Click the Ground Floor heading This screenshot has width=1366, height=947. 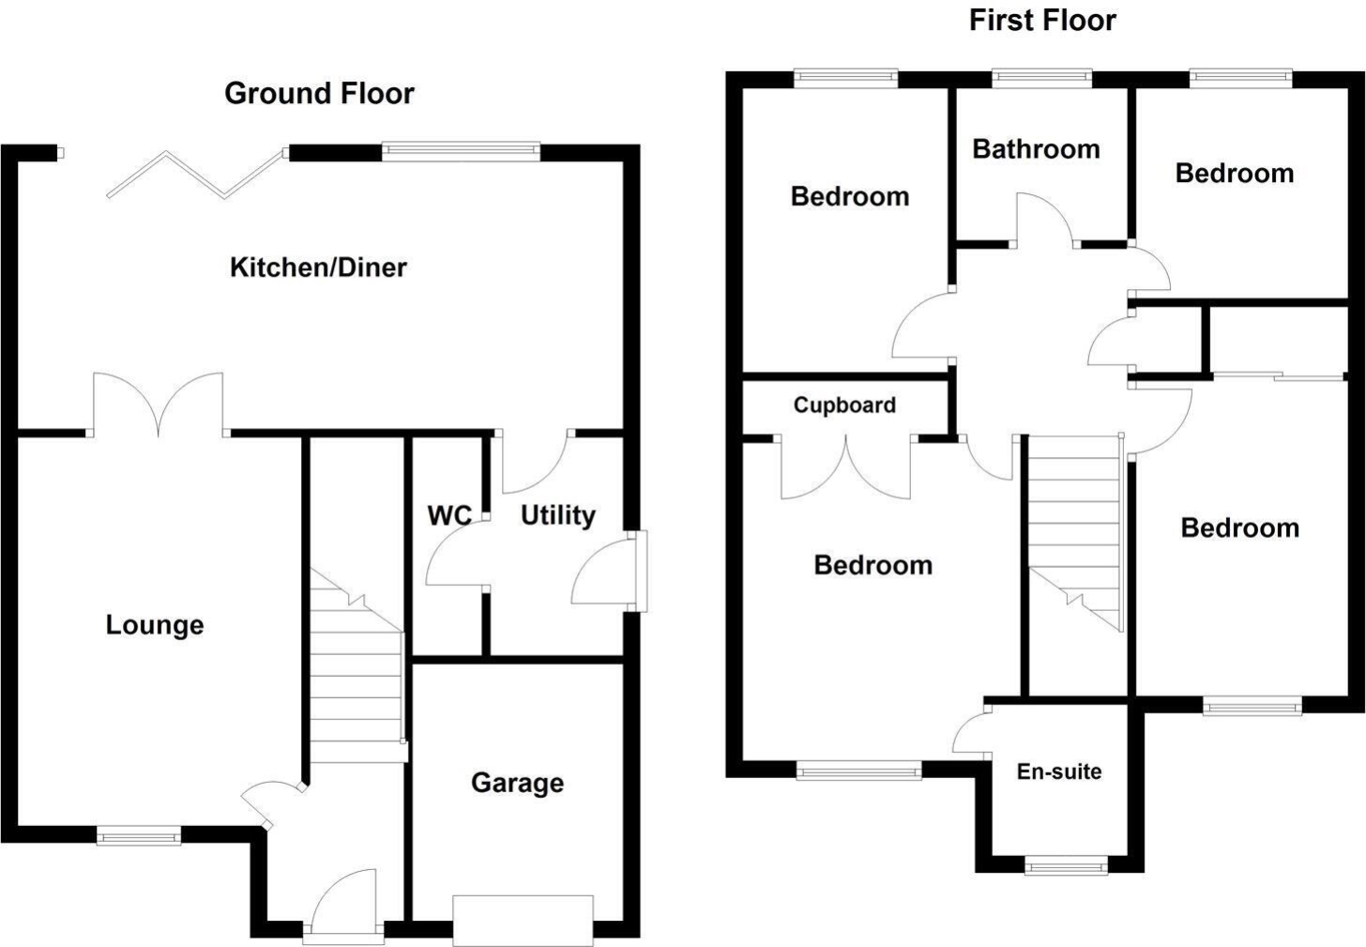click(319, 93)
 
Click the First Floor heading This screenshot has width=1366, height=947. click(1042, 20)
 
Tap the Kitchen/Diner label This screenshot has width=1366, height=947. click(318, 267)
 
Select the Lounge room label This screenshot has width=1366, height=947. click(155, 625)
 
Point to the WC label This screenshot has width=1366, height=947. click(449, 515)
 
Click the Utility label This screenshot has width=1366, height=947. click(558, 516)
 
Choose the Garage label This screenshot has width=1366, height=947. click(517, 783)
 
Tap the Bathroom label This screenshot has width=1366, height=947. click(1036, 149)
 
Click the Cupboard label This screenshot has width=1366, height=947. click(844, 405)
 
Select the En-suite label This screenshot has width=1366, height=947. click(1059, 771)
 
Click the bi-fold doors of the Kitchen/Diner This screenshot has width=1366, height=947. click(196, 174)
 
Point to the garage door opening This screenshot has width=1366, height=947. click(523, 920)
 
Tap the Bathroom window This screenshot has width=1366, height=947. click(1041, 78)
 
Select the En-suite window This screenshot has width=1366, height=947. click(1066, 866)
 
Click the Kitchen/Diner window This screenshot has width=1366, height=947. click(461, 151)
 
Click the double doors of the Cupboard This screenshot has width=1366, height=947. click(846, 466)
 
